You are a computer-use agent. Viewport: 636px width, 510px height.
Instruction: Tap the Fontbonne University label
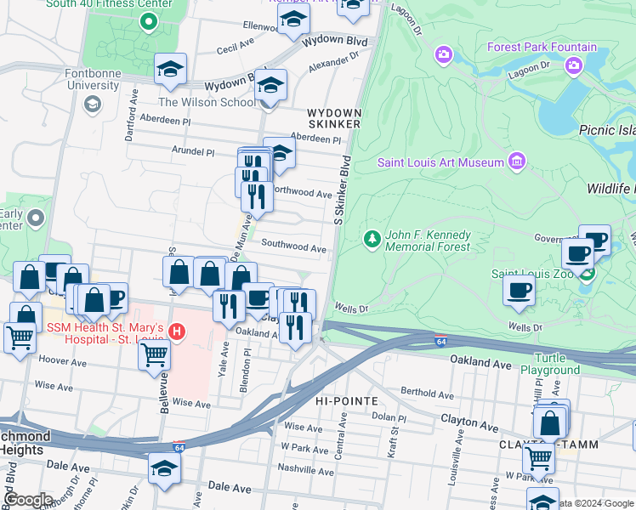pos(93,79)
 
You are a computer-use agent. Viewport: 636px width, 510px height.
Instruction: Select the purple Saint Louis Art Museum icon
pos(516,161)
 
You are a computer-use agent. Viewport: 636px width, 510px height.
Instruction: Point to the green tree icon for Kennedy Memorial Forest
pos(371,240)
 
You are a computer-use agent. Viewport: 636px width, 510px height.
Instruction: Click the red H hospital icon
pos(177,330)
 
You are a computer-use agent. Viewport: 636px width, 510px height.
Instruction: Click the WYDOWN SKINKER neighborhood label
pos(334,118)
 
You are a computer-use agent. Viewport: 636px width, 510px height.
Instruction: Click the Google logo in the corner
pos(29,500)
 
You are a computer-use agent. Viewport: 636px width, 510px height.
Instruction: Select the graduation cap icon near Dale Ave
pos(165,467)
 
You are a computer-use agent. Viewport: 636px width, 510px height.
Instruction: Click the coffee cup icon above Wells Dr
pos(519,291)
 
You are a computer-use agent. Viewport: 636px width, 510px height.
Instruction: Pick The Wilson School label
pos(207,103)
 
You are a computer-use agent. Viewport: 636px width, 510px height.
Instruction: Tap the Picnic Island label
pos(607,130)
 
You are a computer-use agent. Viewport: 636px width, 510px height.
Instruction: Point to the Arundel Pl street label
pos(193,151)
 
